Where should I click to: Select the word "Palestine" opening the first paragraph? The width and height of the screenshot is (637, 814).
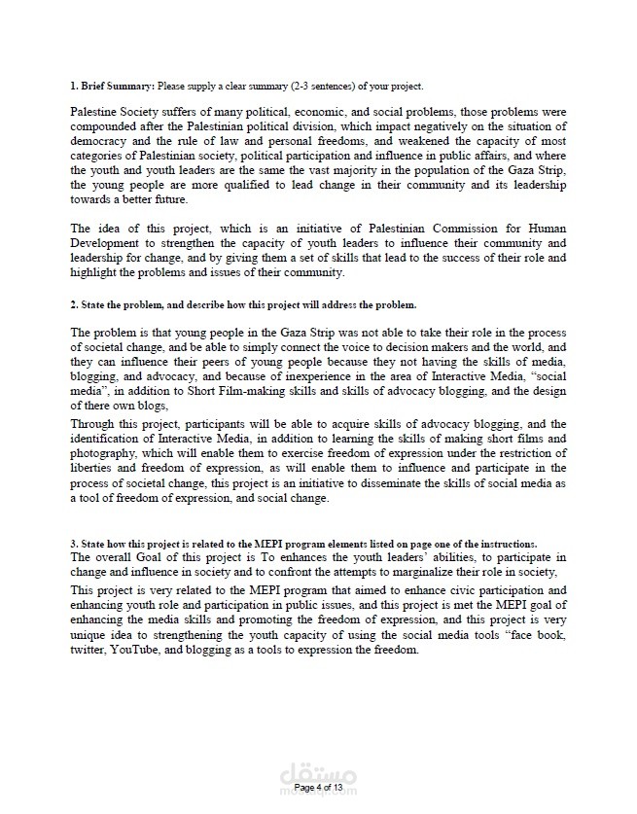(x=95, y=113)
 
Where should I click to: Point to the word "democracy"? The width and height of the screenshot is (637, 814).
(x=100, y=142)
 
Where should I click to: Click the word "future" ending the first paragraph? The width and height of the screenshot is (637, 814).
(x=168, y=198)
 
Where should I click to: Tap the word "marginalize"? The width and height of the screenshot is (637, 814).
(x=417, y=572)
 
